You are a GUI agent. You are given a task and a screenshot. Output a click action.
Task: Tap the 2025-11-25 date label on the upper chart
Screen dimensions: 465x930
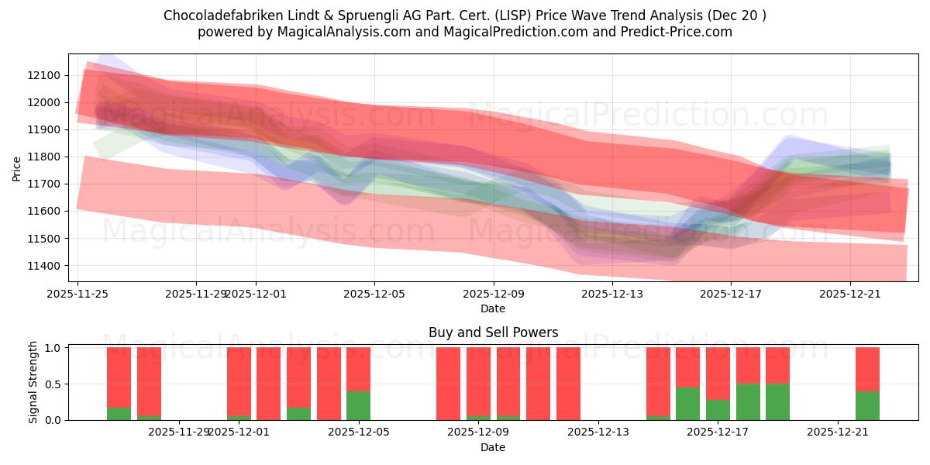click(77, 294)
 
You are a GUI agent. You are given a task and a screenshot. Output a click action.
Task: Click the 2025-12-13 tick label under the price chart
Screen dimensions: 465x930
click(612, 294)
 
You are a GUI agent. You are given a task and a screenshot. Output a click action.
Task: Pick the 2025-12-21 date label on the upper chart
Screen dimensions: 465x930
click(850, 294)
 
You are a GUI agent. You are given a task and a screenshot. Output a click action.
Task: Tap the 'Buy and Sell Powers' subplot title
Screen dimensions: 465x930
click(493, 332)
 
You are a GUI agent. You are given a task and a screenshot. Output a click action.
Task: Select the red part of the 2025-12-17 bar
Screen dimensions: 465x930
click(718, 373)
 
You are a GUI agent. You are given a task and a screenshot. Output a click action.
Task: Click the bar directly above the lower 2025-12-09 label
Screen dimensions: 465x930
click(478, 384)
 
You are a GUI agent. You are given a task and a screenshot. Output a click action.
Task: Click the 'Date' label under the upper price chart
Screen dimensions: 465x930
click(493, 308)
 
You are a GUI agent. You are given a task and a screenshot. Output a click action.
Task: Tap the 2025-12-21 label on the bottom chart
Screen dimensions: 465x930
click(839, 432)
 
